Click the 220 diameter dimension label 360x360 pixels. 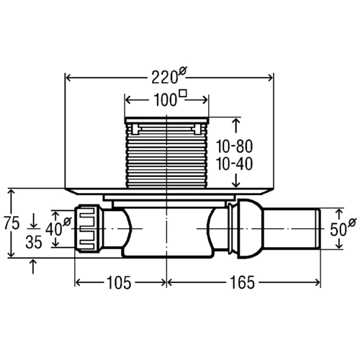pos(169,76)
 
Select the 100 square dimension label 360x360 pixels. pos(170,98)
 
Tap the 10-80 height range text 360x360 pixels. pos(234,146)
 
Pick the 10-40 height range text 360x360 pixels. pos(234,164)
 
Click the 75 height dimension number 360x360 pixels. pos(12,223)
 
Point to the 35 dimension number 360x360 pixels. pos(34,242)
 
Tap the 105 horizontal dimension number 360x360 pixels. pos(119,283)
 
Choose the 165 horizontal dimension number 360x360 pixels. pos(242,282)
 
